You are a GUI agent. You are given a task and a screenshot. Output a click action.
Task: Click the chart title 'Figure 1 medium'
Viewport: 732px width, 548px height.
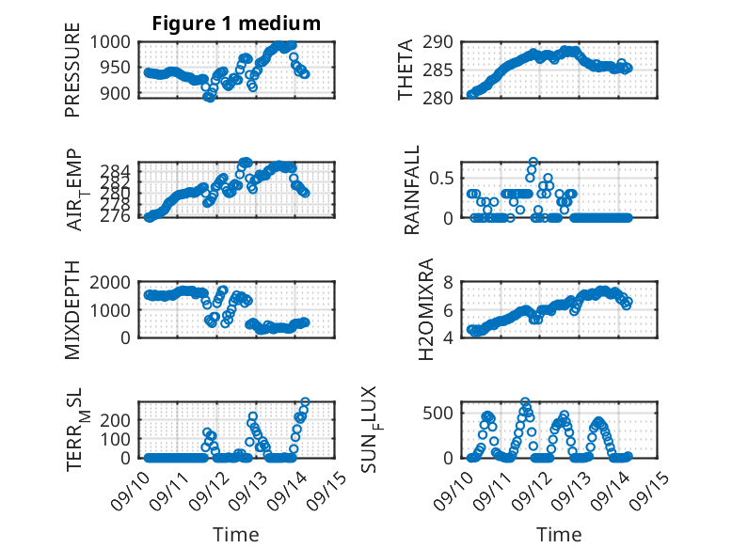tap(236, 23)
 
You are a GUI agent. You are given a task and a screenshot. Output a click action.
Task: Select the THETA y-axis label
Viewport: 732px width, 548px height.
tap(406, 70)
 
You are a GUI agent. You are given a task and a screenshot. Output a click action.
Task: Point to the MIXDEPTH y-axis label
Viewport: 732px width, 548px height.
tap(72, 311)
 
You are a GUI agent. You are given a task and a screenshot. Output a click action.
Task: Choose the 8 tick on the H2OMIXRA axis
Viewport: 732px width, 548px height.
tap(452, 282)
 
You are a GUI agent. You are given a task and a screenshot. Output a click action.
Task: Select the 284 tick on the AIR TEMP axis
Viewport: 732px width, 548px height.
tap(121, 169)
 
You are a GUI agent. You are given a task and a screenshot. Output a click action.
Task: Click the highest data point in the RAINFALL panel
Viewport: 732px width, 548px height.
tap(533, 163)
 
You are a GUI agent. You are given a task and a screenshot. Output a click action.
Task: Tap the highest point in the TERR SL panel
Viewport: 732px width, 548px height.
tap(304, 402)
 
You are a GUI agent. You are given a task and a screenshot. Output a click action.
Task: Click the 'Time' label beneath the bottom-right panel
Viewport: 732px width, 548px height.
tap(559, 535)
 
